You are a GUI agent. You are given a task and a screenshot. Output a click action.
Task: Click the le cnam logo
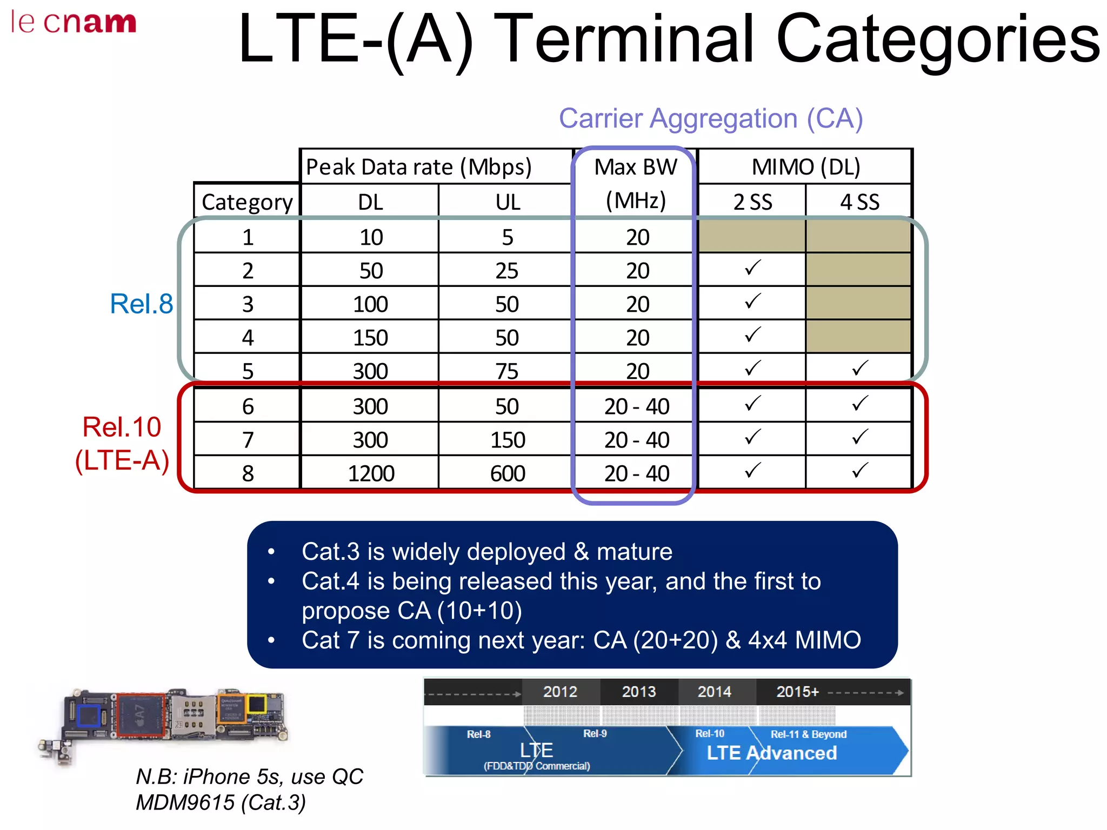point(74,23)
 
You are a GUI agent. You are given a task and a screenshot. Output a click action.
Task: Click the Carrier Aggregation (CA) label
point(710,118)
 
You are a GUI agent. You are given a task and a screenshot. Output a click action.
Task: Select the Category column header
point(246,202)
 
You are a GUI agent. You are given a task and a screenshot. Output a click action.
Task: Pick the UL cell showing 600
point(507,473)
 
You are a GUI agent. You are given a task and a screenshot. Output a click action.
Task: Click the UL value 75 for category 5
point(507,371)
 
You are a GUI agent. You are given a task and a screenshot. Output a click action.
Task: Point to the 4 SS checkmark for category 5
point(859,369)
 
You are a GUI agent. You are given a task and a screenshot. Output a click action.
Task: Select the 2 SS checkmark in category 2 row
point(752,268)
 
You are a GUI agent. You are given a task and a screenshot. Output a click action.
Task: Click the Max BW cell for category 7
point(637,440)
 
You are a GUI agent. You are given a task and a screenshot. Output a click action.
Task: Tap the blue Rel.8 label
point(141,304)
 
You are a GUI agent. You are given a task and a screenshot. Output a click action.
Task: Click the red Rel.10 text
point(122,427)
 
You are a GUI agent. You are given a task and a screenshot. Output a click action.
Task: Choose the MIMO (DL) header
point(805,167)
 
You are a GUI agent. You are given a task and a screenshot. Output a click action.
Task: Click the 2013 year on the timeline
point(638,692)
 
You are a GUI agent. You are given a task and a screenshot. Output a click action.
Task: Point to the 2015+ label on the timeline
point(797,692)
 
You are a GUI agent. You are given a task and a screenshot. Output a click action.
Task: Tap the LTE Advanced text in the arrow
point(771,753)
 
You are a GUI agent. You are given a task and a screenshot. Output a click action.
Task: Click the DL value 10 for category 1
point(371,237)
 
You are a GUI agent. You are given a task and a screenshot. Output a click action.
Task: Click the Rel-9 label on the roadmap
point(595,733)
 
